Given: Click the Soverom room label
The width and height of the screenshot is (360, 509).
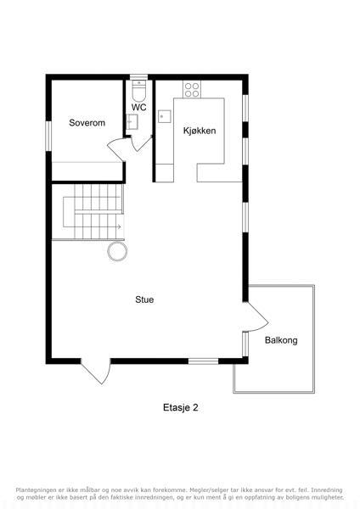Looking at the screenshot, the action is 87,123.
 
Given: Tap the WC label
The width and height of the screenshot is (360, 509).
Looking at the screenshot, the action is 138,107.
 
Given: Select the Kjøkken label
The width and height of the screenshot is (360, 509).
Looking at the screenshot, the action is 200,131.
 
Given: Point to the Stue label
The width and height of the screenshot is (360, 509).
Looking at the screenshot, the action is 144,299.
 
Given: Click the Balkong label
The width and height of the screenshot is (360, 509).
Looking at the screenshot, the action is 281,340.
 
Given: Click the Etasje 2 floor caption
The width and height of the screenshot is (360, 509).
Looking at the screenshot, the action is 181,407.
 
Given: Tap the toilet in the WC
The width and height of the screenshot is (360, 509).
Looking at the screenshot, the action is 140,91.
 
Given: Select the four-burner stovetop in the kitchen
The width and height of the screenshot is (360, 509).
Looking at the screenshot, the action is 192,90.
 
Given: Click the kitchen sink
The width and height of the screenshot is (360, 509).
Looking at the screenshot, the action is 165,116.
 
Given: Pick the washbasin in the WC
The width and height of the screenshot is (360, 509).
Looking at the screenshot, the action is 132,121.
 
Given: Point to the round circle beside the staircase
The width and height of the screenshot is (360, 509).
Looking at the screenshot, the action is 117,252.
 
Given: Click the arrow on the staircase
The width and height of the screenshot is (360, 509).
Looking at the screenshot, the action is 119,227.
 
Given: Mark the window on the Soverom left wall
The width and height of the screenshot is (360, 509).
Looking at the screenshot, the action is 48,136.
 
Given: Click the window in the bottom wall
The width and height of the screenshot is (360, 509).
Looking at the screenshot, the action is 204,361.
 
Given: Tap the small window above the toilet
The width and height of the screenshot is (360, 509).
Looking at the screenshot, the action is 139,77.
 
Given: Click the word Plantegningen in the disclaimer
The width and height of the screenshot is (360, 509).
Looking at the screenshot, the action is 35,490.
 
